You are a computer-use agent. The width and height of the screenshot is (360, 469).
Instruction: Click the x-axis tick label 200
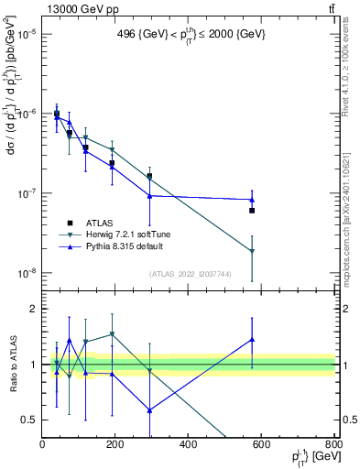(115, 445)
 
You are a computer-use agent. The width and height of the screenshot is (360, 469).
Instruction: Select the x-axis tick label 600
(261, 445)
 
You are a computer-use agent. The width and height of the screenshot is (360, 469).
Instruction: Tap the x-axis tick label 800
(334, 445)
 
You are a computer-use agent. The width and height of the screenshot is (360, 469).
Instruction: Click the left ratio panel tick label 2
(33, 310)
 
